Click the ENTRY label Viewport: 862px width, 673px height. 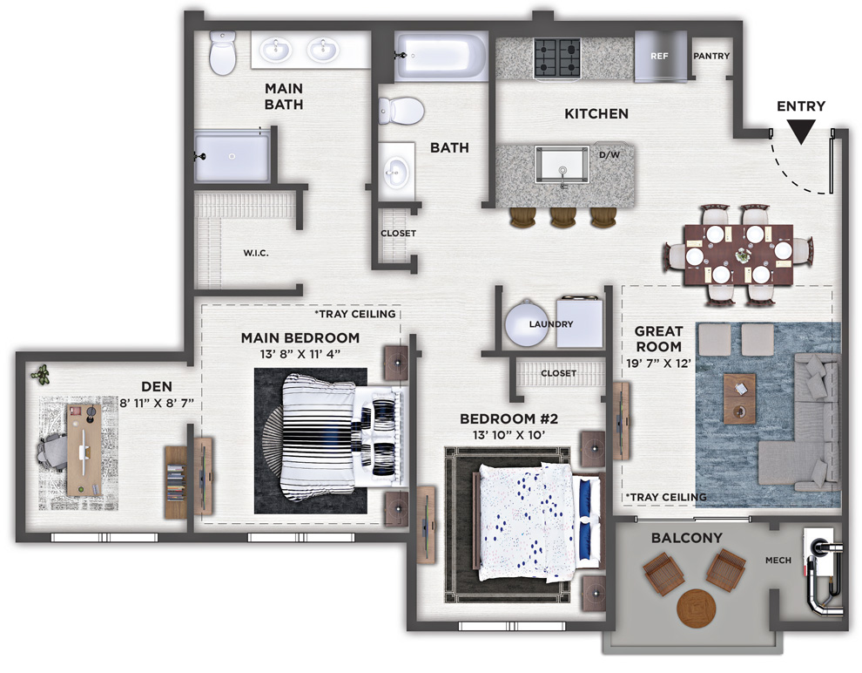click(800, 106)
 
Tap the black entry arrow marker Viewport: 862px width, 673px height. click(800, 132)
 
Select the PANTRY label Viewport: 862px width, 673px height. click(711, 56)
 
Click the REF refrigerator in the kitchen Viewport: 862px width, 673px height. click(660, 56)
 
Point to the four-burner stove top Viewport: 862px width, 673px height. click(557, 58)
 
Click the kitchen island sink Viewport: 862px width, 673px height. click(562, 165)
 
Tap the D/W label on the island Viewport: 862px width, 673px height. click(609, 155)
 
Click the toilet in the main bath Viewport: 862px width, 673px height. click(223, 52)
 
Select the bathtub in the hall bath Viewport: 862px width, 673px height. click(441, 56)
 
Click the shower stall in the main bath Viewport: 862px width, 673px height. click(232, 156)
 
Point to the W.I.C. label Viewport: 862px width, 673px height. click(256, 253)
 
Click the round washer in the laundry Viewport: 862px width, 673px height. click(527, 323)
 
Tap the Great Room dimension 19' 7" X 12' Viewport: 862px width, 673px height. click(658, 364)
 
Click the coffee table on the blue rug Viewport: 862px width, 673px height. click(739, 398)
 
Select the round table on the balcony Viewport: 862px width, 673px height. click(697, 608)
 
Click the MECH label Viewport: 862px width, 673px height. click(778, 561)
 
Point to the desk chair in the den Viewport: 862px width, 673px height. click(51, 452)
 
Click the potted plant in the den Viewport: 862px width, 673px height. click(40, 375)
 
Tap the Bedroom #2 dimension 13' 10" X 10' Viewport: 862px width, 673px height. click(508, 435)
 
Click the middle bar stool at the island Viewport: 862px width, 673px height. click(562, 217)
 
